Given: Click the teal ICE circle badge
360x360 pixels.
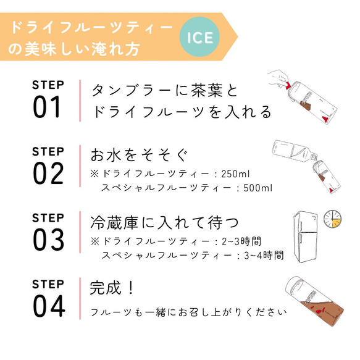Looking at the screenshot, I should [199, 38].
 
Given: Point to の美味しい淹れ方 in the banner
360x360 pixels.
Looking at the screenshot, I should [74, 48].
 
